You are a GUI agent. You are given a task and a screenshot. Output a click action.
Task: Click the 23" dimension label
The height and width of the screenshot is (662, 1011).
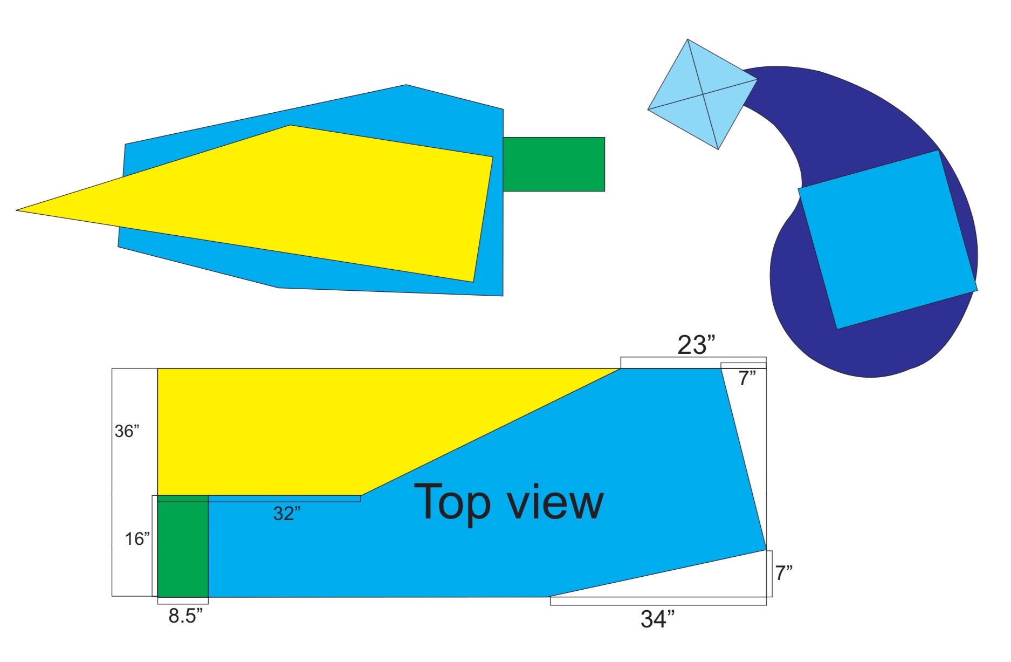[x=696, y=345]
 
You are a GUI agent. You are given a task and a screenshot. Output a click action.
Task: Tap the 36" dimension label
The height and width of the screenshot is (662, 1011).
[x=127, y=431]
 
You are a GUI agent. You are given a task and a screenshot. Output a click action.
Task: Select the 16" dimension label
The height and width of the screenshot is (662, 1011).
[x=137, y=538]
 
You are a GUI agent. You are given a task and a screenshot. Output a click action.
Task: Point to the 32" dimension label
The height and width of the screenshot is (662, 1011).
[x=287, y=513]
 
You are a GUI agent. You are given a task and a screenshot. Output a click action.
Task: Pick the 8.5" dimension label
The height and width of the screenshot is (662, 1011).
[x=185, y=616]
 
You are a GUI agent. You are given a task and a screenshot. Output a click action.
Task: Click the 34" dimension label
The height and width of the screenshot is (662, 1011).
[x=658, y=619]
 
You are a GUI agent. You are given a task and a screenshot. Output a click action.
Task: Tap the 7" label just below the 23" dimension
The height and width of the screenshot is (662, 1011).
[x=747, y=379]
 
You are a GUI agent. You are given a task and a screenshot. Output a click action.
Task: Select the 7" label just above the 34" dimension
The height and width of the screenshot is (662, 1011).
[x=784, y=572]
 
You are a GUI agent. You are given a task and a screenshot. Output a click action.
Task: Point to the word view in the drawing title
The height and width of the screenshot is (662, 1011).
[x=556, y=503]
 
